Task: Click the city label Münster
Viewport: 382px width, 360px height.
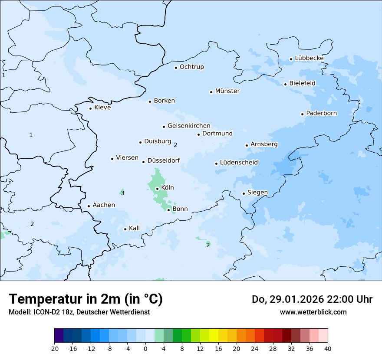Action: pyautogui.click(x=227, y=91)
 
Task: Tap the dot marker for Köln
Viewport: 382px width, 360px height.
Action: pyautogui.click(x=157, y=189)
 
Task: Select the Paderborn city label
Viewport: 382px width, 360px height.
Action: pyautogui.click(x=321, y=114)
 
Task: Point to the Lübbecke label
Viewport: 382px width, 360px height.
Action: pyautogui.click(x=309, y=59)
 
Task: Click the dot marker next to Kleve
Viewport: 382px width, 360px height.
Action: pyautogui.click(x=90, y=108)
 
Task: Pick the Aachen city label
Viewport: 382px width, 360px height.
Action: pyautogui.click(x=104, y=205)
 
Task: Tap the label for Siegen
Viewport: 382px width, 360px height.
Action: pyautogui.click(x=257, y=193)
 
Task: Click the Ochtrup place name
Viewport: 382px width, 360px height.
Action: pyautogui.click(x=191, y=67)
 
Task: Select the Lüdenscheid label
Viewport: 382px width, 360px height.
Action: pyautogui.click(x=239, y=163)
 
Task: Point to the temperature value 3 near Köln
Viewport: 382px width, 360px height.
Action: pyautogui.click(x=122, y=193)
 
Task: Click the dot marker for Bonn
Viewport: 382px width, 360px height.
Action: pyautogui.click(x=168, y=210)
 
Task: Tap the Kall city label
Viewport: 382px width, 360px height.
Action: pyautogui.click(x=134, y=228)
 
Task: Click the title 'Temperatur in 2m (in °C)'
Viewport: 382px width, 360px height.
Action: pyautogui.click(x=86, y=299)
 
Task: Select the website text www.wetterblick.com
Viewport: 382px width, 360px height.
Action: pyautogui.click(x=313, y=312)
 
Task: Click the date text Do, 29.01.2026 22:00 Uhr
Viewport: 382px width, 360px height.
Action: pyautogui.click(x=312, y=299)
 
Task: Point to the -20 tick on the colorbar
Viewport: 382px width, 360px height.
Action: pyautogui.click(x=54, y=348)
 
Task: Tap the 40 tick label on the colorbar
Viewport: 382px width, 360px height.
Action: pyautogui.click(x=328, y=348)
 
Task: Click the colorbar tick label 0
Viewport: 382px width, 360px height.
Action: pyautogui.click(x=145, y=348)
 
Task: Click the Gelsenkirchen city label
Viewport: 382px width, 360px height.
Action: pyautogui.click(x=189, y=126)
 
